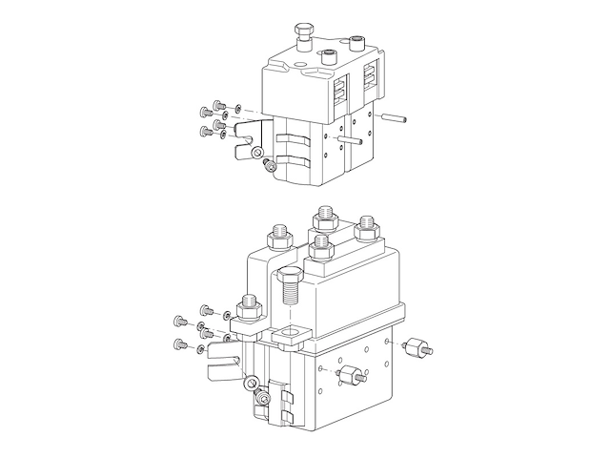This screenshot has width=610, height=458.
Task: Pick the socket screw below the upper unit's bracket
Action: click(x=269, y=168)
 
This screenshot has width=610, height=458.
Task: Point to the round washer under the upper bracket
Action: click(x=255, y=153)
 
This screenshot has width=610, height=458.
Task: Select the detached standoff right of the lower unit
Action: click(x=417, y=347)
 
